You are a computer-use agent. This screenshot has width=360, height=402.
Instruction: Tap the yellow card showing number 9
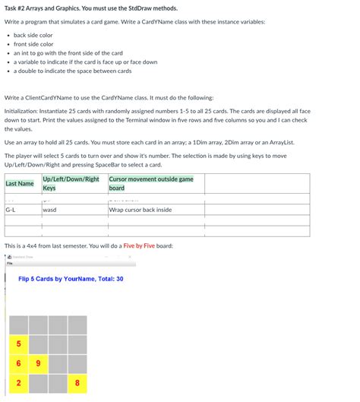coord(38,364)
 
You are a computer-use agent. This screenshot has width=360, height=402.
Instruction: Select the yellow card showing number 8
coord(77,383)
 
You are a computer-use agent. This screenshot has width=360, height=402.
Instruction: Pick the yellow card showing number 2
coord(18,383)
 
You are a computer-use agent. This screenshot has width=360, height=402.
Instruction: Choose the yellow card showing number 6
coord(18,364)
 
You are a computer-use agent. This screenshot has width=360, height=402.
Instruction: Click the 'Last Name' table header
coord(20,183)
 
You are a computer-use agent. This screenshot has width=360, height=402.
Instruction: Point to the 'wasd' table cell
coord(49,210)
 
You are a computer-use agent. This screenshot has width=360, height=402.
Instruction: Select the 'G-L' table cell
coord(12,210)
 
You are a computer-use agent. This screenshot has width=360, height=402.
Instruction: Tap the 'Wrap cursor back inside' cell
coord(141,210)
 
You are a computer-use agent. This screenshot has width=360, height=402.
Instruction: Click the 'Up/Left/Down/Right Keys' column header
coord(71,183)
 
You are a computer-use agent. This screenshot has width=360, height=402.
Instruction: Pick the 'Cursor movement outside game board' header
coord(151,183)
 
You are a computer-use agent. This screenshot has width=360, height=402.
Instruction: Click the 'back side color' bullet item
coord(33,35)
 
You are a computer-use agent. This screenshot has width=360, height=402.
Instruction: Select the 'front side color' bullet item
coord(33,44)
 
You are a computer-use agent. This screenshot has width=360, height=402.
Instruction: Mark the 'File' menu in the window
coord(11,264)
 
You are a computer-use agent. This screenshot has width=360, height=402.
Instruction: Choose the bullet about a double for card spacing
coord(72,71)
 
